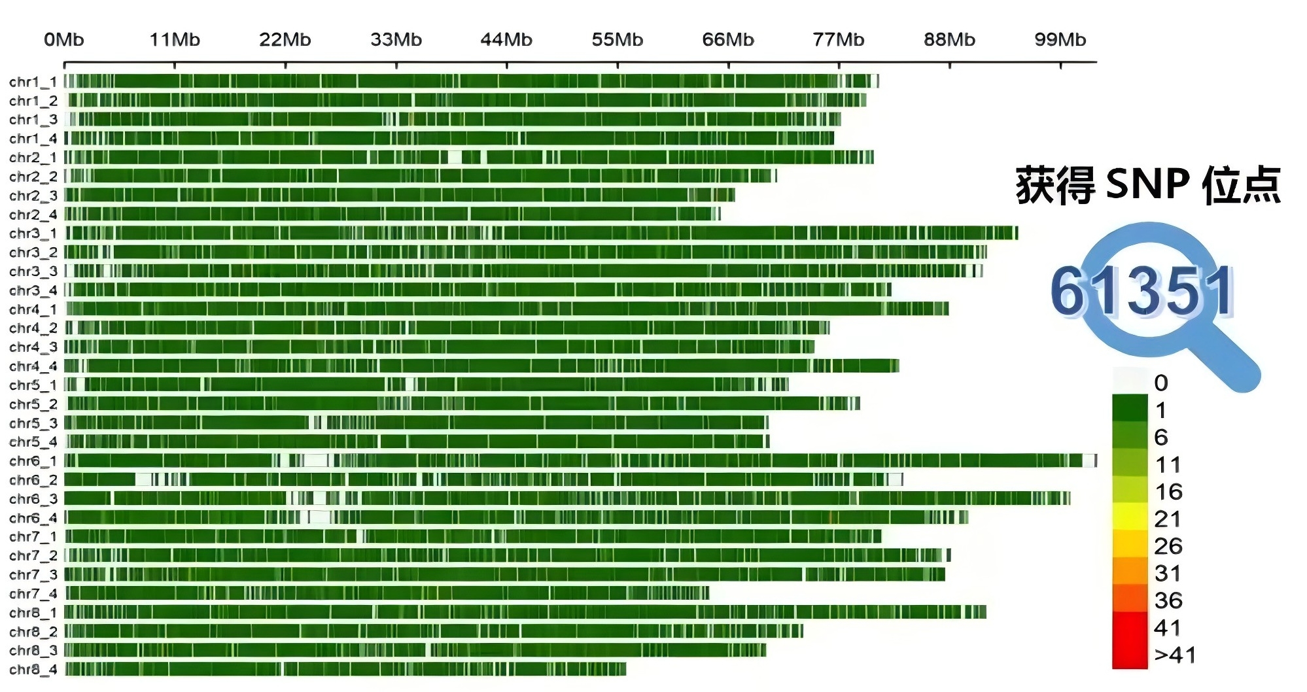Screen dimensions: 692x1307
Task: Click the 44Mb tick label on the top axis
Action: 506,40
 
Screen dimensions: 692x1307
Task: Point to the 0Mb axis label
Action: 63,40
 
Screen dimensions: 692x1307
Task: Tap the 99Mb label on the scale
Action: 1060,40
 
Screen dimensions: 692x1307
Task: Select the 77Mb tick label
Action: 838,40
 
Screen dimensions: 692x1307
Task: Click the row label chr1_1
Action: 33,82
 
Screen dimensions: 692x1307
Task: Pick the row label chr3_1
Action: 33,234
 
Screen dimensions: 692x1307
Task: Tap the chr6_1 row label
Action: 33,461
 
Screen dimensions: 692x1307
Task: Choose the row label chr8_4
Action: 33,670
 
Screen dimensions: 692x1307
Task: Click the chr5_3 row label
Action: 33,423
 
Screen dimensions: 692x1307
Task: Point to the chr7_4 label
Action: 33,594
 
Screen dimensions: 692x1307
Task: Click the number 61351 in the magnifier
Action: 1141,291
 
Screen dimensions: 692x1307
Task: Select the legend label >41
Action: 1175,655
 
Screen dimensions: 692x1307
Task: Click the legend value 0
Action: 1160,383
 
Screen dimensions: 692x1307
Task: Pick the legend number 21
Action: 1168,519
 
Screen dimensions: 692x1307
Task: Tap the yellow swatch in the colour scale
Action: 1130,517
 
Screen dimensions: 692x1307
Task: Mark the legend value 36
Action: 1168,600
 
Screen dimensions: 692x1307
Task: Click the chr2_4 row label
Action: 33,215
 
